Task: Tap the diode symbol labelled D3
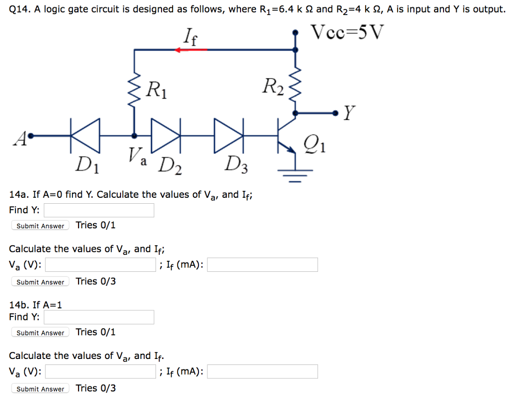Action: [x=229, y=135]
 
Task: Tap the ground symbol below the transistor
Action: [x=295, y=173]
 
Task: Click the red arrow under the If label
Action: [x=190, y=50]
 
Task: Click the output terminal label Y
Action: [x=349, y=115]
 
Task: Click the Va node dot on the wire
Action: [x=133, y=135]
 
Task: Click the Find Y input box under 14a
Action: [x=98, y=210]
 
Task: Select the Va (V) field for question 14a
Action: [x=100, y=265]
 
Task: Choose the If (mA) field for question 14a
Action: [x=262, y=265]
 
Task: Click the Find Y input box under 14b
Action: [x=98, y=317]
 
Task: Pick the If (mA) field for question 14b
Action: [x=262, y=371]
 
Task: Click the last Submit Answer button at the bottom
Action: [x=40, y=389]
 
